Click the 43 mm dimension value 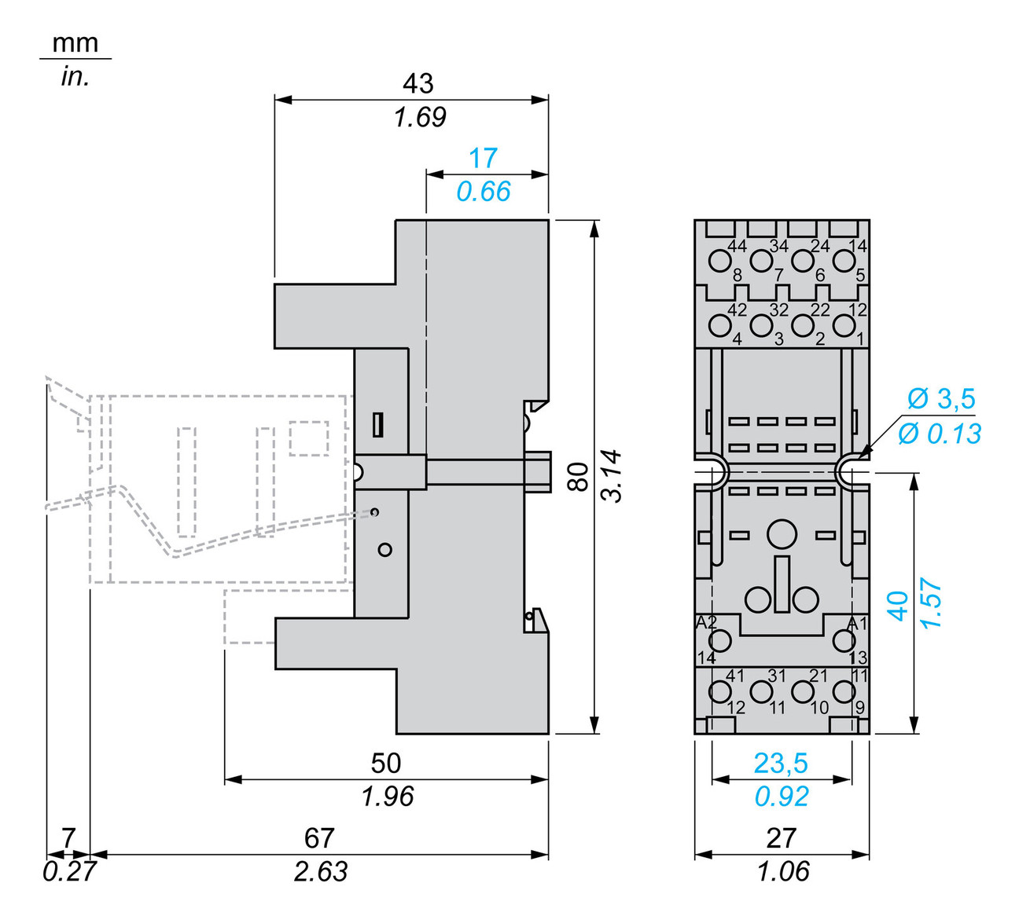[418, 83]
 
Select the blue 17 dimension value [483, 158]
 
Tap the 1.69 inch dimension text [420, 117]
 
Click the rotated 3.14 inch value [612, 476]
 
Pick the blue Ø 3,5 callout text [941, 398]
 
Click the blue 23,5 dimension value [781, 763]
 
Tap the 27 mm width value [781, 837]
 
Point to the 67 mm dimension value [319, 837]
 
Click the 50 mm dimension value [386, 763]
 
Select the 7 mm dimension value [68, 837]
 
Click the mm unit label [75, 42]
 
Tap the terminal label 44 [737, 246]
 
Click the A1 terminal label [856, 623]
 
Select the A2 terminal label [706, 623]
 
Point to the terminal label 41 [734, 676]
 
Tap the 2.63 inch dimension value [321, 871]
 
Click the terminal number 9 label [859, 708]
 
